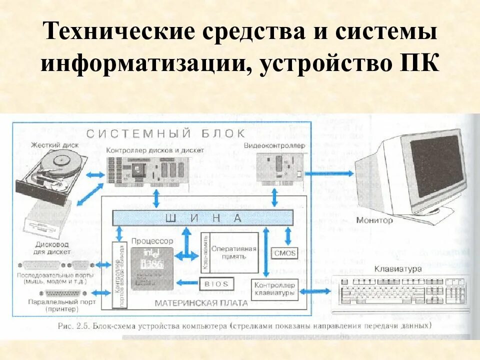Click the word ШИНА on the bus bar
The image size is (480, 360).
203,218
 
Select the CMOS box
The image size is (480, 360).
284,253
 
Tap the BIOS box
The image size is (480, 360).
216,283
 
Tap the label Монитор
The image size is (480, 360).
375,220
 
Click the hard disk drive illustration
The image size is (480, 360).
50,175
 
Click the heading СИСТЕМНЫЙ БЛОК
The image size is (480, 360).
165,133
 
